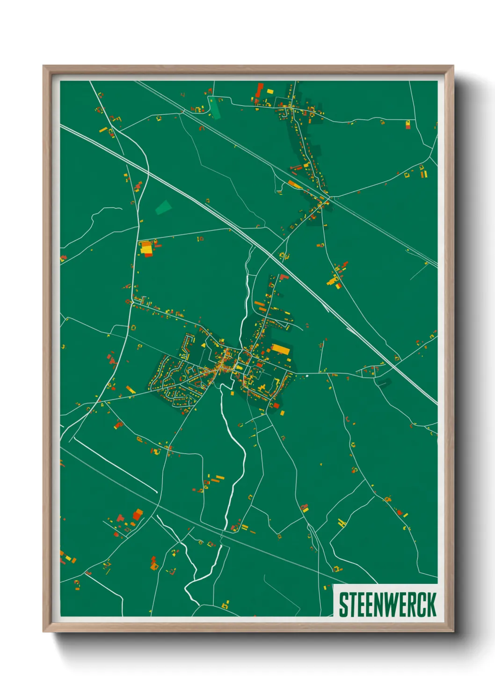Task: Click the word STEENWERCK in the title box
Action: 387,605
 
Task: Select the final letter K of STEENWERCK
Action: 431,605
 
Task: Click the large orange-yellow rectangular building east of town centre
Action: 281,349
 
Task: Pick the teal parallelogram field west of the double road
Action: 163,207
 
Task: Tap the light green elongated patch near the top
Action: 214,107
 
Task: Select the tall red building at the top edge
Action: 260,89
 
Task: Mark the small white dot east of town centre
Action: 307,376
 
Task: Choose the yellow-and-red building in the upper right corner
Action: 408,124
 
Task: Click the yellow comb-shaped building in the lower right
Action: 342,522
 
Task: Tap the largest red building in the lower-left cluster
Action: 137,515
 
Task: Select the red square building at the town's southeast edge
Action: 276,405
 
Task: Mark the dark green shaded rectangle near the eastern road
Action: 383,383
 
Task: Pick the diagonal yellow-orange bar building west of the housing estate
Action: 131,390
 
